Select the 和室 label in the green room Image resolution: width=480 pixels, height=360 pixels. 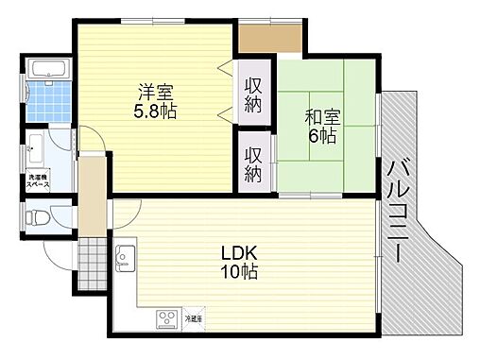point(321,117)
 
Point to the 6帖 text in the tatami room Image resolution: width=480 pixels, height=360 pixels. point(322,135)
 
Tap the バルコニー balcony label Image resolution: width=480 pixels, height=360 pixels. point(396,211)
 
